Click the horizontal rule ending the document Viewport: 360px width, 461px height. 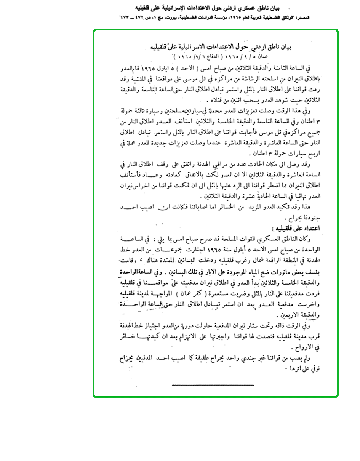tap(213, 385)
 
